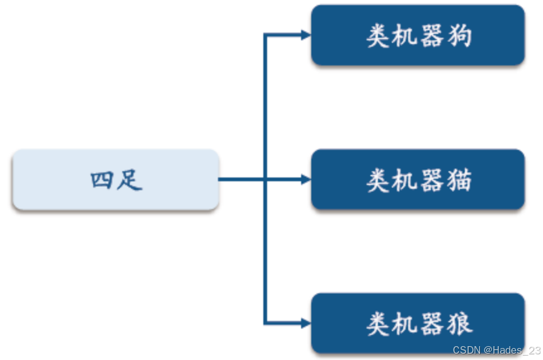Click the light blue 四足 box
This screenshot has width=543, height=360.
(116, 179)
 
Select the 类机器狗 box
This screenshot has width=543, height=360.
(418, 36)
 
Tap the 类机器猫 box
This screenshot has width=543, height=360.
(418, 179)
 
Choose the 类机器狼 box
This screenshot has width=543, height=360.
(418, 323)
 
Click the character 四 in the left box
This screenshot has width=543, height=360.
(101, 180)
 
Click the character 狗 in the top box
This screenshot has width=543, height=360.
(460, 37)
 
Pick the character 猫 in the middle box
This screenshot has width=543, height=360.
(460, 181)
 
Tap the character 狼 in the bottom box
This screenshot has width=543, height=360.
(460, 325)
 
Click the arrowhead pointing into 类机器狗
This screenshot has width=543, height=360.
(306, 35)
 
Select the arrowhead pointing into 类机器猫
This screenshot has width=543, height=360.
(306, 179)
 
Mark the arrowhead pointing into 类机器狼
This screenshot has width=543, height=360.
(306, 323)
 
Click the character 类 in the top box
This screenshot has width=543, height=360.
(377, 37)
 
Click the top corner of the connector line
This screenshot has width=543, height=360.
(265, 35)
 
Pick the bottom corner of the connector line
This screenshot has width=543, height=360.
(265, 323)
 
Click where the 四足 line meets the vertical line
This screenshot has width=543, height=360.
(265, 179)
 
